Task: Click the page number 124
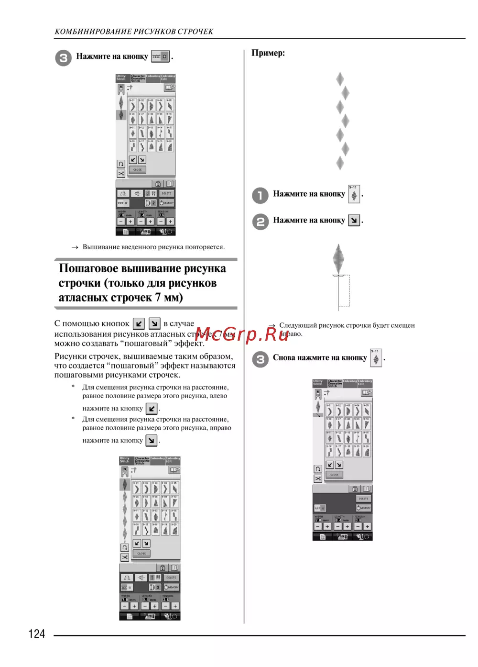[x=37, y=634]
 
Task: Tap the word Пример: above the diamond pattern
[x=268, y=53]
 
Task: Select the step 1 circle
[x=261, y=195]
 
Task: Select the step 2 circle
[x=261, y=222]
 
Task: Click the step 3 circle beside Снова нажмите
[x=261, y=359]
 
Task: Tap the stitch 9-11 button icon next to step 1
[x=354, y=194]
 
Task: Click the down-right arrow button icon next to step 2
[x=354, y=220]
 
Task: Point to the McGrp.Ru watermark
[x=242, y=334]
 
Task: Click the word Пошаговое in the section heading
[x=88, y=268]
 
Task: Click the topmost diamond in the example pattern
[x=340, y=79]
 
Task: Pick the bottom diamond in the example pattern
[x=340, y=163]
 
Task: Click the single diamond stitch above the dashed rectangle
[x=338, y=259]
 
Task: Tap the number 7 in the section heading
[x=158, y=297]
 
